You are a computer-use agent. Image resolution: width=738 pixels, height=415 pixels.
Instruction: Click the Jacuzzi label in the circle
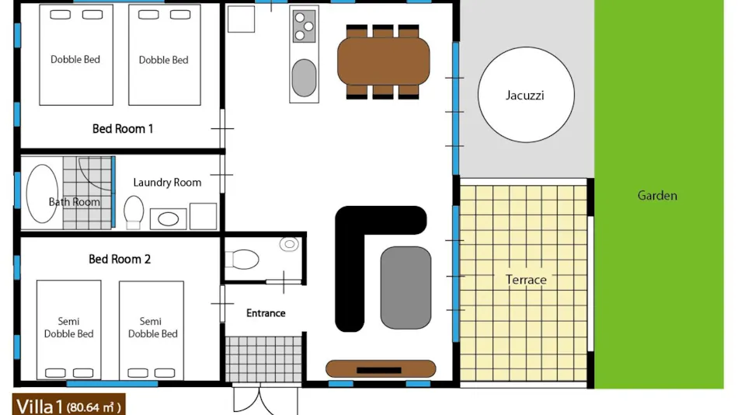tap(525, 96)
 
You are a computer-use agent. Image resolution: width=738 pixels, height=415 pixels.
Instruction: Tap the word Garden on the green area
tap(657, 196)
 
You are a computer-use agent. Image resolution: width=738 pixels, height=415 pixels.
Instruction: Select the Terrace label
tap(526, 280)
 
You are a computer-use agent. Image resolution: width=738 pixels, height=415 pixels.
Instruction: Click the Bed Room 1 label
tap(123, 128)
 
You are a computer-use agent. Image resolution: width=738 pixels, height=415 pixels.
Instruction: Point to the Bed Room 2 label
tap(120, 259)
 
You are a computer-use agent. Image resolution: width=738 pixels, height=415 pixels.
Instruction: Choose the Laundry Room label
tap(167, 183)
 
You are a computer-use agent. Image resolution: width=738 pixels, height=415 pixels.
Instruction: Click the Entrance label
tap(266, 313)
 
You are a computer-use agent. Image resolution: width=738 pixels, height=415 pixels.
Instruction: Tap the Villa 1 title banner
tap(68, 405)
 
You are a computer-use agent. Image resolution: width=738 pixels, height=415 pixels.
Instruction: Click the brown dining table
tap(383, 61)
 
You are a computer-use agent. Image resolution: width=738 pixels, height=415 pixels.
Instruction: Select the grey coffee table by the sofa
tap(406, 288)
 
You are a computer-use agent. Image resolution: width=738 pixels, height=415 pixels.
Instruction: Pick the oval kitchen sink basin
tap(304, 78)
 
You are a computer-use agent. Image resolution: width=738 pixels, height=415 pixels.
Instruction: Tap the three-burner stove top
tap(304, 26)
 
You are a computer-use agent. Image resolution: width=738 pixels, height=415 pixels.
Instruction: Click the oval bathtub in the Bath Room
tap(42, 194)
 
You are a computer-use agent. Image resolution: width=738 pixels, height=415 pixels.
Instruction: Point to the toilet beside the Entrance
tap(242, 259)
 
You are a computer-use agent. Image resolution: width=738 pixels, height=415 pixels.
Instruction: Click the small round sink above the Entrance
tap(289, 244)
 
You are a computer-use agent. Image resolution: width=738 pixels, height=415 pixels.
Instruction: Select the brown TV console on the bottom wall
tap(381, 369)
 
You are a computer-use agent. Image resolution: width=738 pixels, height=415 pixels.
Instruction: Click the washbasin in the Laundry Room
tap(168, 218)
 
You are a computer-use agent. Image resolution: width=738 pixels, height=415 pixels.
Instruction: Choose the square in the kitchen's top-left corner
tap(241, 19)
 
